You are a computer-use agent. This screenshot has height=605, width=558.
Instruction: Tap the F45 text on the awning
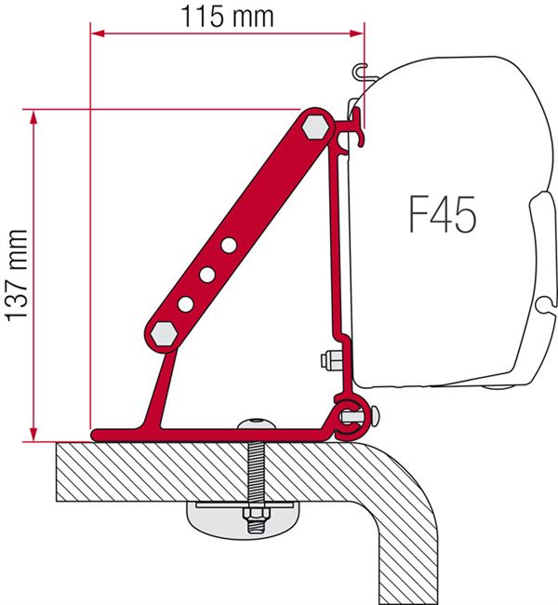coord(442,215)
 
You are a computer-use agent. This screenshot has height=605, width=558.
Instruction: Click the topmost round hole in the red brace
coord(228,245)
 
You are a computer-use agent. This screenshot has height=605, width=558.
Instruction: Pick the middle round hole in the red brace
coord(206,274)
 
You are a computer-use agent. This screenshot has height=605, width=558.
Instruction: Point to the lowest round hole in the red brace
coord(186,303)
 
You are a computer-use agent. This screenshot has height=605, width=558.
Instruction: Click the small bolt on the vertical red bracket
coord(328,360)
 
